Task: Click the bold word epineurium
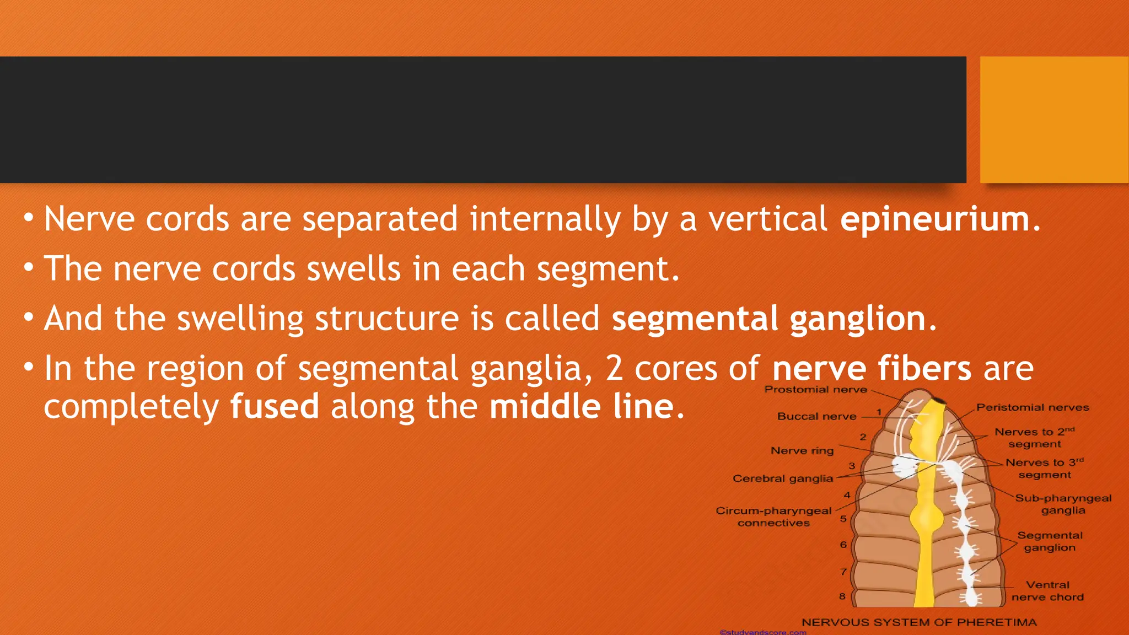coord(935,219)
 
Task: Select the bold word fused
coord(275,407)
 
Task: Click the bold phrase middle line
coord(582,407)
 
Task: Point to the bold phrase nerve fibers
coord(872,368)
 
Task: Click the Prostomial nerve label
coord(815,390)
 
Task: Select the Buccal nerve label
coord(816,417)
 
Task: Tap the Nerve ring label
coord(802,451)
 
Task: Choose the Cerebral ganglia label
coord(782,478)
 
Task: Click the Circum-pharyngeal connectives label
coord(773,516)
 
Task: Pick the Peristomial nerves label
coord(1033,407)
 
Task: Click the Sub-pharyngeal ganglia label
coord(1063,504)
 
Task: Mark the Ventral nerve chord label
coord(1047,591)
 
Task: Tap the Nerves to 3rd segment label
coord(1044,469)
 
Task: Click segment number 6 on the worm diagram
coord(843,545)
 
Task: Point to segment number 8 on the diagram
coord(842,596)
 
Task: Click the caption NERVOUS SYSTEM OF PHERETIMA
coord(919,622)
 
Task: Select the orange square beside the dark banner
coord(1054,120)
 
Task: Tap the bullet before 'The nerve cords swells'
coord(29,268)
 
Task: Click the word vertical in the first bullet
coord(767,219)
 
